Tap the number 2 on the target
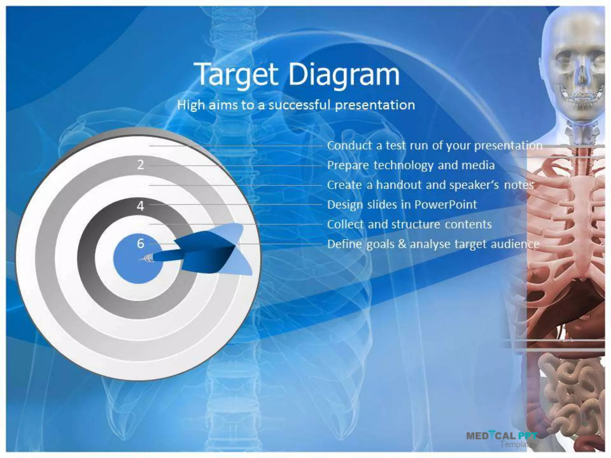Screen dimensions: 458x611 pyautogui.click(x=140, y=165)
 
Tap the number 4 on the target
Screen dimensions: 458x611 pyautogui.click(x=140, y=206)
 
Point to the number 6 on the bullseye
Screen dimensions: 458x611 pyautogui.click(x=140, y=244)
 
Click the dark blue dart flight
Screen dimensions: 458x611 pyautogui.click(x=206, y=253)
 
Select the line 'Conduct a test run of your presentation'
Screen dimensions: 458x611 pyautogui.click(x=434, y=146)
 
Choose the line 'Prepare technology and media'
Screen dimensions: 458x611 pyautogui.click(x=411, y=165)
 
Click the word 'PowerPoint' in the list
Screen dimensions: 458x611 pyautogui.click(x=446, y=205)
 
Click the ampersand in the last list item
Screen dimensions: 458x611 pyautogui.click(x=402, y=244)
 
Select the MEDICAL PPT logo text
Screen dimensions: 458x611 pyautogui.click(x=501, y=436)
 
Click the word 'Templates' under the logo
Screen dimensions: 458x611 pyautogui.click(x=518, y=444)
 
